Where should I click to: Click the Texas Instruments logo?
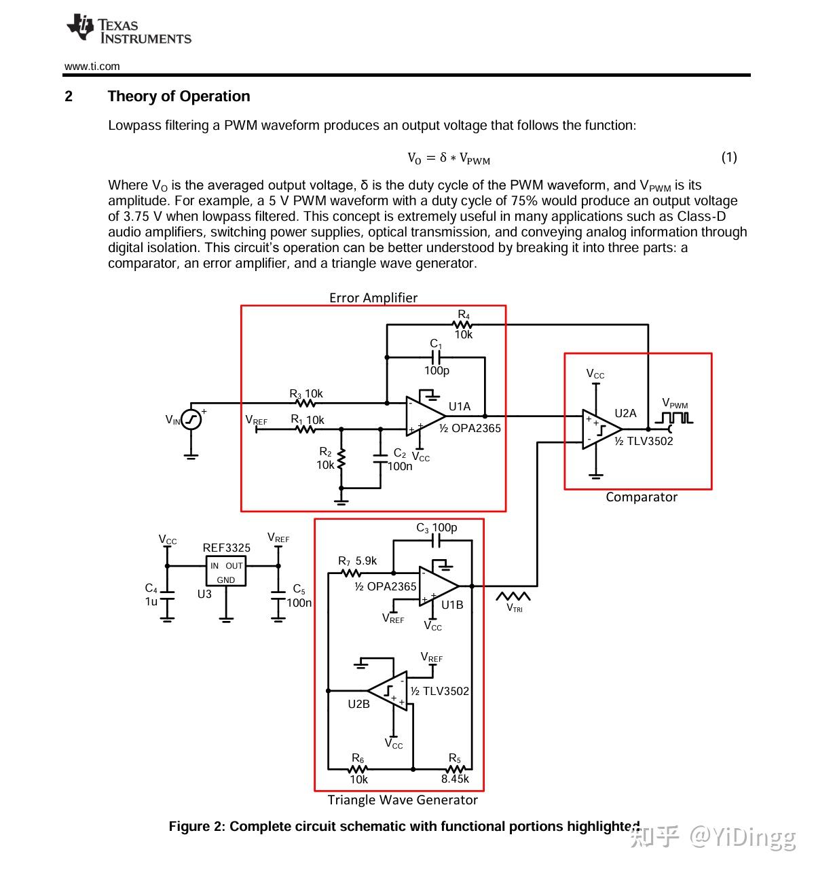pos(128,30)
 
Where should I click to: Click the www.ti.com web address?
pos(92,66)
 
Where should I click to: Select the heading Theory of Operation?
pos(179,96)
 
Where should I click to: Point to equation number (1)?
pos(728,158)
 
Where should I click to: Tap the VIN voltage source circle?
pos(191,419)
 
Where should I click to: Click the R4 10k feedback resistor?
pos(463,325)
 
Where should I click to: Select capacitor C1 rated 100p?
pos(436,357)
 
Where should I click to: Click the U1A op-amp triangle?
pos(424,416)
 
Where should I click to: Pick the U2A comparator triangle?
pos(600,429)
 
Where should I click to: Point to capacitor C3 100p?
pos(436,540)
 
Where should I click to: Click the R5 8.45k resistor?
pos(454,769)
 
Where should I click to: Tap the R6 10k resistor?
pos(358,769)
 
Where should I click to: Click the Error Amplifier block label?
pos(373,298)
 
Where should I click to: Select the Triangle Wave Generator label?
pos(402,800)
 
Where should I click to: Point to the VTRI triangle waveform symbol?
pos(513,596)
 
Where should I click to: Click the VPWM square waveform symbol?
pos(676,417)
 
